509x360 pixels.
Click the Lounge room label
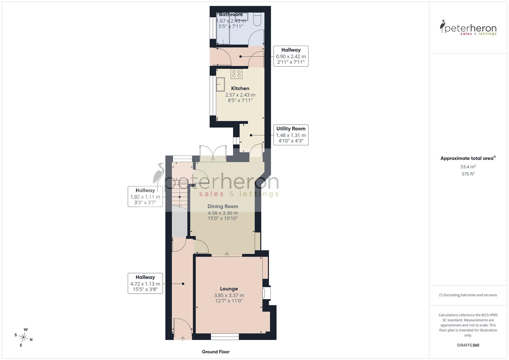click(x=229, y=289)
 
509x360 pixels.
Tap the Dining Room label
click(x=223, y=206)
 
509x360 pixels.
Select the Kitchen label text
click(x=240, y=88)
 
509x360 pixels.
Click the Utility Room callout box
click(x=291, y=135)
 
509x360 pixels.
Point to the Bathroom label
click(x=231, y=15)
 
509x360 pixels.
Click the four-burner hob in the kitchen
click(x=236, y=74)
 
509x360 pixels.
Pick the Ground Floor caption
click(x=216, y=352)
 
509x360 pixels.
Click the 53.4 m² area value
click(x=468, y=167)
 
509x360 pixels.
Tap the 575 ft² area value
click(x=468, y=174)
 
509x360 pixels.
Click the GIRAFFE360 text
click(x=468, y=345)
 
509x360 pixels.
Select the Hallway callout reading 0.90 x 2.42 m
click(x=291, y=56)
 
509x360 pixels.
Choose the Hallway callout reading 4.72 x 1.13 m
click(x=145, y=283)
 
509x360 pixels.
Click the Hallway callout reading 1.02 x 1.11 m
click(x=145, y=197)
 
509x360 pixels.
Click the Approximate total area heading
click(x=468, y=158)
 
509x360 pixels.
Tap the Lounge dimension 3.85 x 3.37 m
click(x=229, y=295)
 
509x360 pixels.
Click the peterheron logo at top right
click(x=468, y=28)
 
